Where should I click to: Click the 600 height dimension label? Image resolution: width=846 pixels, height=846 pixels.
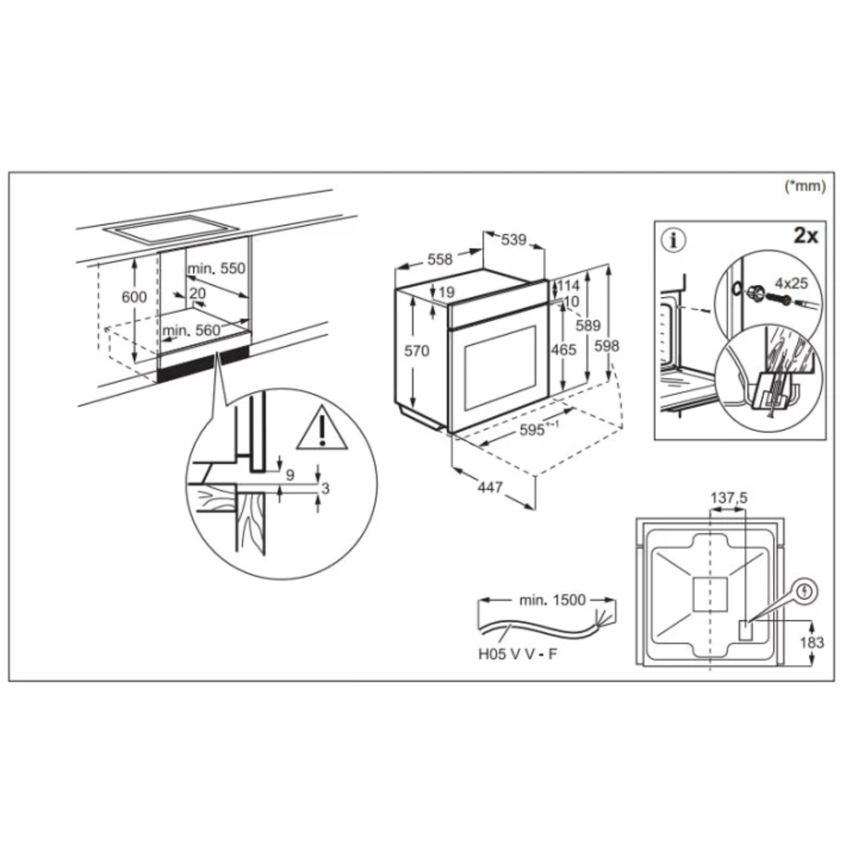click(134, 297)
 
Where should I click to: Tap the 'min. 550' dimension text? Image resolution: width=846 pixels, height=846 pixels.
click(217, 268)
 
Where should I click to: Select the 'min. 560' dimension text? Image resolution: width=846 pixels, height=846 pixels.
click(191, 330)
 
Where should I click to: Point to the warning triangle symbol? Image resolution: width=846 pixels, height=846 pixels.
click(322, 429)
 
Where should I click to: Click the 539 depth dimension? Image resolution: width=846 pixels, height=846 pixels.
click(514, 239)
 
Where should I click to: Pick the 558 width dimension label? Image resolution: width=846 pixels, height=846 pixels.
click(440, 260)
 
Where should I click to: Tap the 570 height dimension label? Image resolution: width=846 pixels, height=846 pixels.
click(417, 351)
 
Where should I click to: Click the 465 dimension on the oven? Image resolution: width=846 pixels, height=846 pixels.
click(563, 350)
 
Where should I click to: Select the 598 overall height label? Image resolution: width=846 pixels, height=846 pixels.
click(607, 346)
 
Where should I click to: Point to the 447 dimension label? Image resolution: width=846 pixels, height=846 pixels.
click(490, 487)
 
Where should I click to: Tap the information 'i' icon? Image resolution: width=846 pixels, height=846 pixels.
click(673, 240)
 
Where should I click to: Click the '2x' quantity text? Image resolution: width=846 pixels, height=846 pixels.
click(805, 236)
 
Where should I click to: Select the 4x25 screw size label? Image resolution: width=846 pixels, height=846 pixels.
click(792, 283)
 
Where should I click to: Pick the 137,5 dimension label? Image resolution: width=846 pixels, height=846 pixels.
click(729, 498)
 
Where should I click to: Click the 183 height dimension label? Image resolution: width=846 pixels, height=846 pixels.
click(812, 643)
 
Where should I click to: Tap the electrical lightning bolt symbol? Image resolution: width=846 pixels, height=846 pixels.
click(806, 592)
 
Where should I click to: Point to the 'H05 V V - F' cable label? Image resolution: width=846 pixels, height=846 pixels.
click(518, 655)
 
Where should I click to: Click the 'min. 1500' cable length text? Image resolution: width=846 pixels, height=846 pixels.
click(552, 600)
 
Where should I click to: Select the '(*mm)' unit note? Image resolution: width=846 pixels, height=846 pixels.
click(805, 186)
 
